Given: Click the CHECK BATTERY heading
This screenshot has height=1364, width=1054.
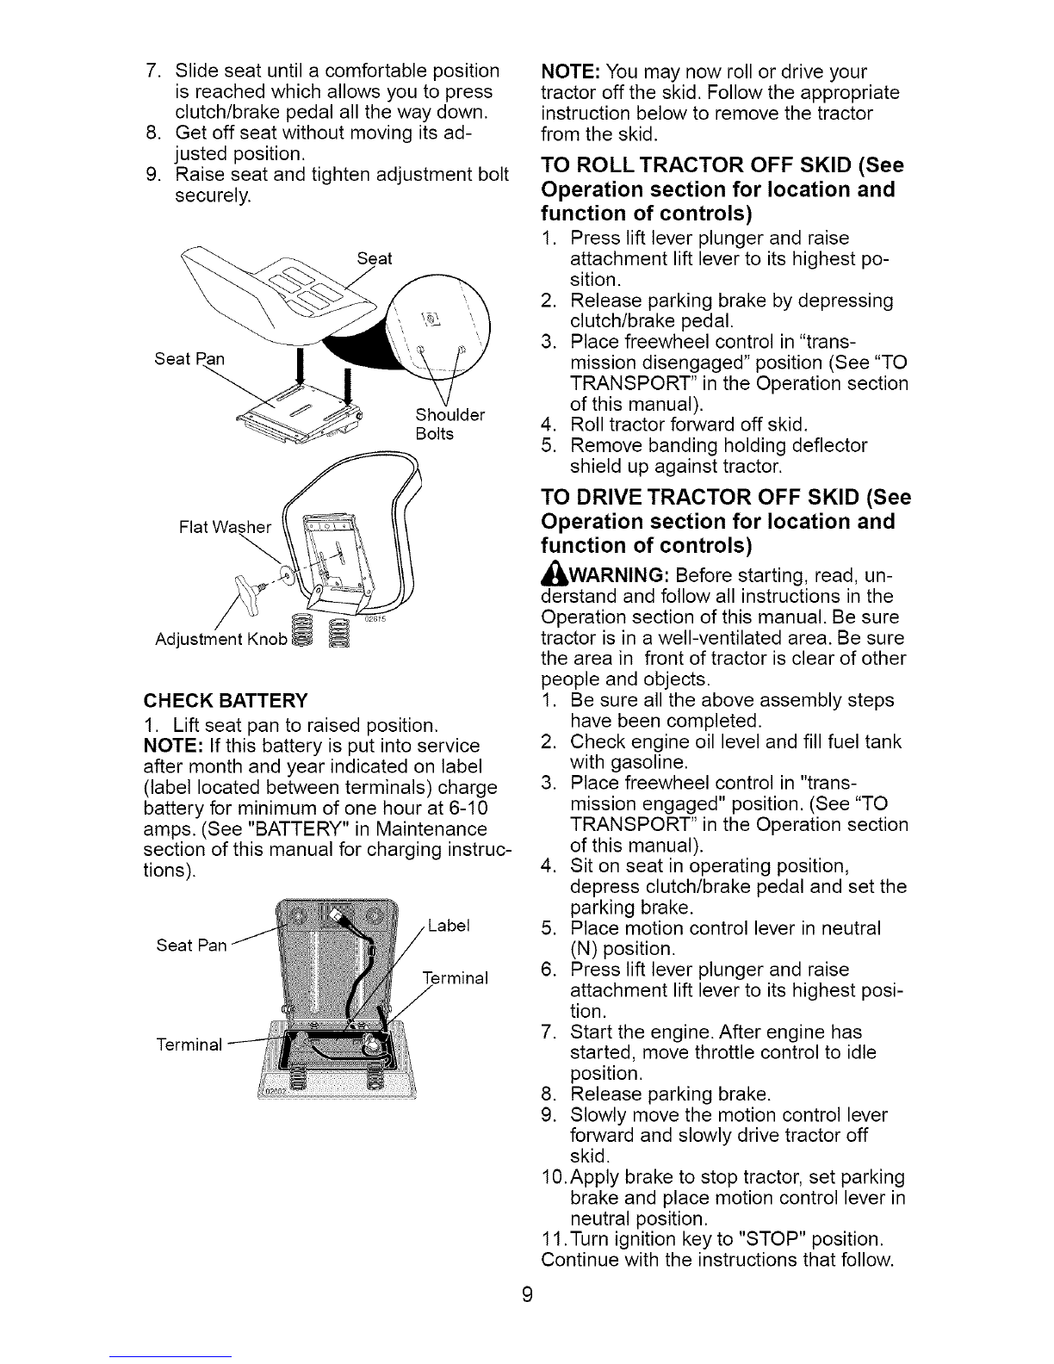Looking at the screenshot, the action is click(x=226, y=700).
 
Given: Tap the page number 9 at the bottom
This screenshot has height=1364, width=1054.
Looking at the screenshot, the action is click(x=527, y=1293).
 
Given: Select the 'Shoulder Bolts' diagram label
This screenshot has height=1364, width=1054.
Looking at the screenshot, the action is click(x=450, y=424).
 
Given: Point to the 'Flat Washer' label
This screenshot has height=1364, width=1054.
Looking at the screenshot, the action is click(x=225, y=527).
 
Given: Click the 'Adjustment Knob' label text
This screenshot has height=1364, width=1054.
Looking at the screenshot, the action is click(x=221, y=639).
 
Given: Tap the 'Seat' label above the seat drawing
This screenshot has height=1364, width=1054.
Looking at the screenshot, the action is click(x=374, y=258).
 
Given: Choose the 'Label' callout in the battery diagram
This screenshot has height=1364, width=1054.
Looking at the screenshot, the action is click(x=449, y=926).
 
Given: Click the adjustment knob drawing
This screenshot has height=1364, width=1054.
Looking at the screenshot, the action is click(x=250, y=587).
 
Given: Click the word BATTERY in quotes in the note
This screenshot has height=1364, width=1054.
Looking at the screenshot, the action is click(x=300, y=828).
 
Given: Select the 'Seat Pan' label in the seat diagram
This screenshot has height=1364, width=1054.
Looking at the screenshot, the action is click(x=189, y=359).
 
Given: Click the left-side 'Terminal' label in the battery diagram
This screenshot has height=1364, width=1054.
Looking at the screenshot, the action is click(x=189, y=1044).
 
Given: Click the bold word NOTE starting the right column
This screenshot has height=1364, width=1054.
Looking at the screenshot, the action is click(x=572, y=71).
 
